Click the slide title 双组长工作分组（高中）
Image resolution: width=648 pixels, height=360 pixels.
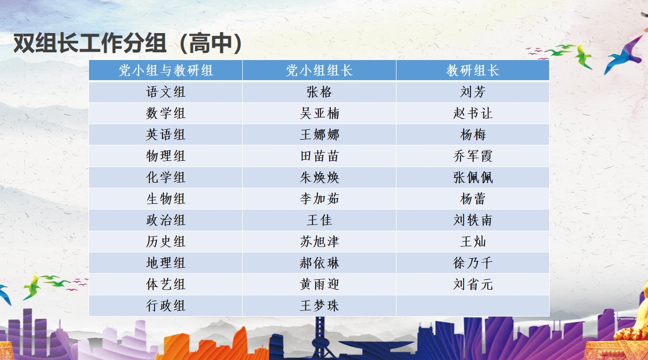tap(128, 44)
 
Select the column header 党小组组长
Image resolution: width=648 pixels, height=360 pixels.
tap(319, 70)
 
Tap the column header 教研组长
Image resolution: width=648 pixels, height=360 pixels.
tap(473, 70)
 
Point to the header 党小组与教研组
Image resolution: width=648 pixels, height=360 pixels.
tap(166, 70)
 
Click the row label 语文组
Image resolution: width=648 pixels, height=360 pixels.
tap(166, 92)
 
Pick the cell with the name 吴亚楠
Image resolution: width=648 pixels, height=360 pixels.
tap(319, 113)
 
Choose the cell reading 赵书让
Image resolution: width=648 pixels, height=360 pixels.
tap(473, 113)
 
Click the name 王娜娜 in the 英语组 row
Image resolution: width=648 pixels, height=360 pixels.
tap(319, 135)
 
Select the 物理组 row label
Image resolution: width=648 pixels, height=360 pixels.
tap(166, 156)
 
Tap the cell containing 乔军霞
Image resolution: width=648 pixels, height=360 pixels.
tap(473, 156)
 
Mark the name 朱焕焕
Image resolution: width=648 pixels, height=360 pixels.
tap(319, 177)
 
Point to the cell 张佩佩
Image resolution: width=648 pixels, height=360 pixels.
tap(473, 177)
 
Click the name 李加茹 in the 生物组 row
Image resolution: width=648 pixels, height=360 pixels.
tap(319, 199)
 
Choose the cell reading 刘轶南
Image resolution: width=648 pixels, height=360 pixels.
tap(473, 220)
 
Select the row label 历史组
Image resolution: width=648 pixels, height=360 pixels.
tap(166, 242)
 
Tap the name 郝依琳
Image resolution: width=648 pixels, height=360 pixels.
tap(319, 263)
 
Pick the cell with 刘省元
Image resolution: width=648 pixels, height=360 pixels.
tap(473, 284)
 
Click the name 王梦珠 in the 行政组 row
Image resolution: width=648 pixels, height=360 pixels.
tap(319, 306)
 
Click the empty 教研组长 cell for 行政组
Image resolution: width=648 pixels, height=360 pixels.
tap(473, 306)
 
